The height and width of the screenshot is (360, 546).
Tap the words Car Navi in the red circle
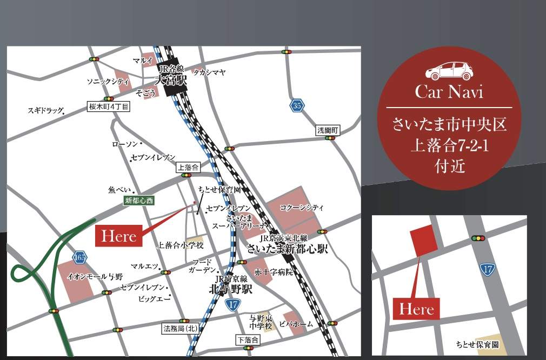(x=449, y=91)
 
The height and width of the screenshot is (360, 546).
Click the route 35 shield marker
(x=297, y=106)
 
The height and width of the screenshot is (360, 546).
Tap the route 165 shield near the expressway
(x=81, y=257)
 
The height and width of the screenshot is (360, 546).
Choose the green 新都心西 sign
(x=139, y=201)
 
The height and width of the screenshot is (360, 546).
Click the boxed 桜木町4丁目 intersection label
(x=109, y=107)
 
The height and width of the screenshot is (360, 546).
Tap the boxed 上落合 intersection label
(x=188, y=168)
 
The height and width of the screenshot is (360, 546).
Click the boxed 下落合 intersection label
(x=248, y=340)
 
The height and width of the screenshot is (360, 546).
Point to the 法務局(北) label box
(x=181, y=328)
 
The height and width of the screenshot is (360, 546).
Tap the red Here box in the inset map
(x=416, y=309)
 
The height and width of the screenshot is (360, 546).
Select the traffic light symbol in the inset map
(x=478, y=238)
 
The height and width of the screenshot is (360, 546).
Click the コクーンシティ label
(x=302, y=207)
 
